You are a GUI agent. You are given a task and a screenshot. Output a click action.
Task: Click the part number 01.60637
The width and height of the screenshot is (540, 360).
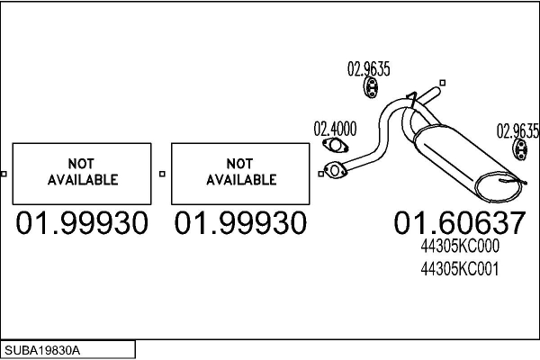460,223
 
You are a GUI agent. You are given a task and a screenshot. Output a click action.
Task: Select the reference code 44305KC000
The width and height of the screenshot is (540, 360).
460,246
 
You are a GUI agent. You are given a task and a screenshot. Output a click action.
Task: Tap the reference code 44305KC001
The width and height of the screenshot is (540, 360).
460,269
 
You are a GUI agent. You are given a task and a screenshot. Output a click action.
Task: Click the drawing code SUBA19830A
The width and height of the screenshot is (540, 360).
42,350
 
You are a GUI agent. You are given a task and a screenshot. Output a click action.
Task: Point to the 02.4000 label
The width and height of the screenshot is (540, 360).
335,129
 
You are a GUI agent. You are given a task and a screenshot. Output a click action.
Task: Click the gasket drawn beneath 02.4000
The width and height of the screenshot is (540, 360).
336,145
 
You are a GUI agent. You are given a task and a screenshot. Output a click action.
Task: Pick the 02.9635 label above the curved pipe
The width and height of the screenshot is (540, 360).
368,68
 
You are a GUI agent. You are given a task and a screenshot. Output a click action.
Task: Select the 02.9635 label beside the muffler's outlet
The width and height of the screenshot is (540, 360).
517,130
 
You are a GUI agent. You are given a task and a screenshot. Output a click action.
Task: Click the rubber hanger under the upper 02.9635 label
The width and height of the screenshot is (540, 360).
371,87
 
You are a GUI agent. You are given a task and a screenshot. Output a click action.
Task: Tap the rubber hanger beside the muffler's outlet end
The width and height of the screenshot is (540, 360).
520,150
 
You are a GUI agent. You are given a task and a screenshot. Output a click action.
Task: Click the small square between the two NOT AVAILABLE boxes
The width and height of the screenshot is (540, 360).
162,174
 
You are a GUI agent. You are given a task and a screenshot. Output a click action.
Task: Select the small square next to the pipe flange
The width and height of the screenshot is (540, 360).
321,174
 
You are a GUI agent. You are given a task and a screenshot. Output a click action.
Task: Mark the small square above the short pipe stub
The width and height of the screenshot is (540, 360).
443,83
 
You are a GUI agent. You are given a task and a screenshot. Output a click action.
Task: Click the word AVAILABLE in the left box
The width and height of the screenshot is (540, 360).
83,180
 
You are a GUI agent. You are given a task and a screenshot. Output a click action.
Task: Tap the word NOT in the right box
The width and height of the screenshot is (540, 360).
239,164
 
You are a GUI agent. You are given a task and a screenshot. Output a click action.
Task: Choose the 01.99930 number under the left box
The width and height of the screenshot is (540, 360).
82,223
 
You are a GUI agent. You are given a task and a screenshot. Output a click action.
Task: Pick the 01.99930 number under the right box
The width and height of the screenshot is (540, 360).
240,223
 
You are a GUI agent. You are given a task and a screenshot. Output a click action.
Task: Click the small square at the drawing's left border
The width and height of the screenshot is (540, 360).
4,174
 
